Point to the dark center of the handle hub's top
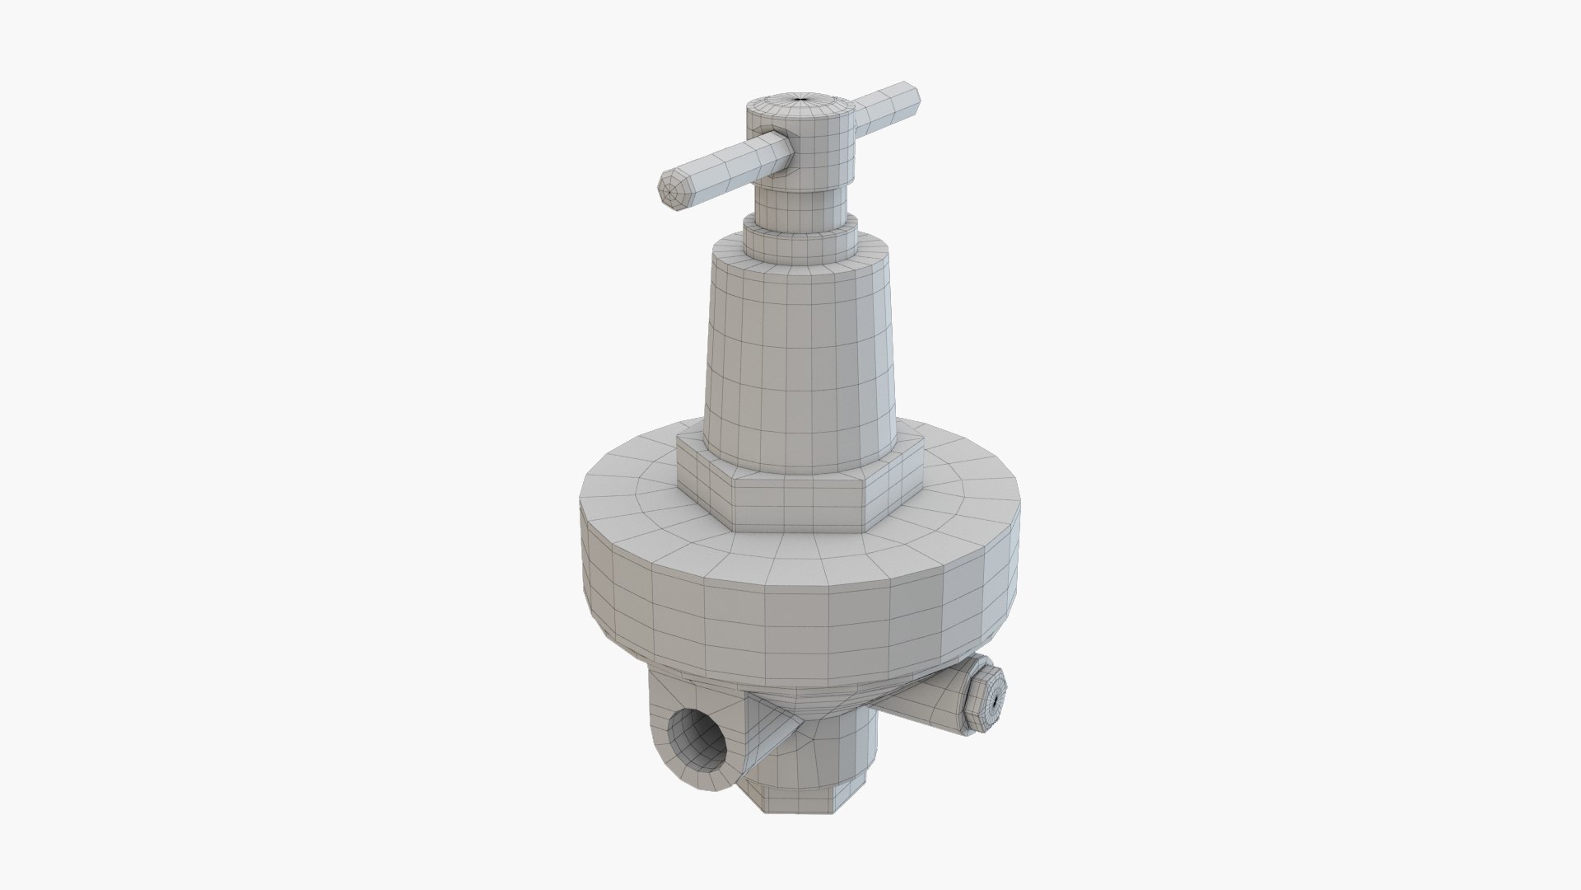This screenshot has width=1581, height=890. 800,100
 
